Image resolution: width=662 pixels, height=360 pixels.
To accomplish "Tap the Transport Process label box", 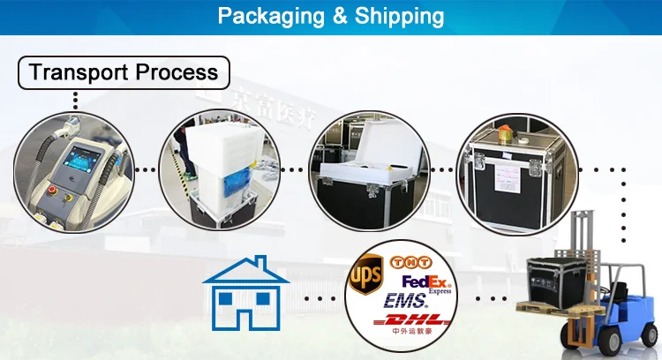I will tap(124, 72).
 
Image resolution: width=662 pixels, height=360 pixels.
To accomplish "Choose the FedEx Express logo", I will tap(425, 282).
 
